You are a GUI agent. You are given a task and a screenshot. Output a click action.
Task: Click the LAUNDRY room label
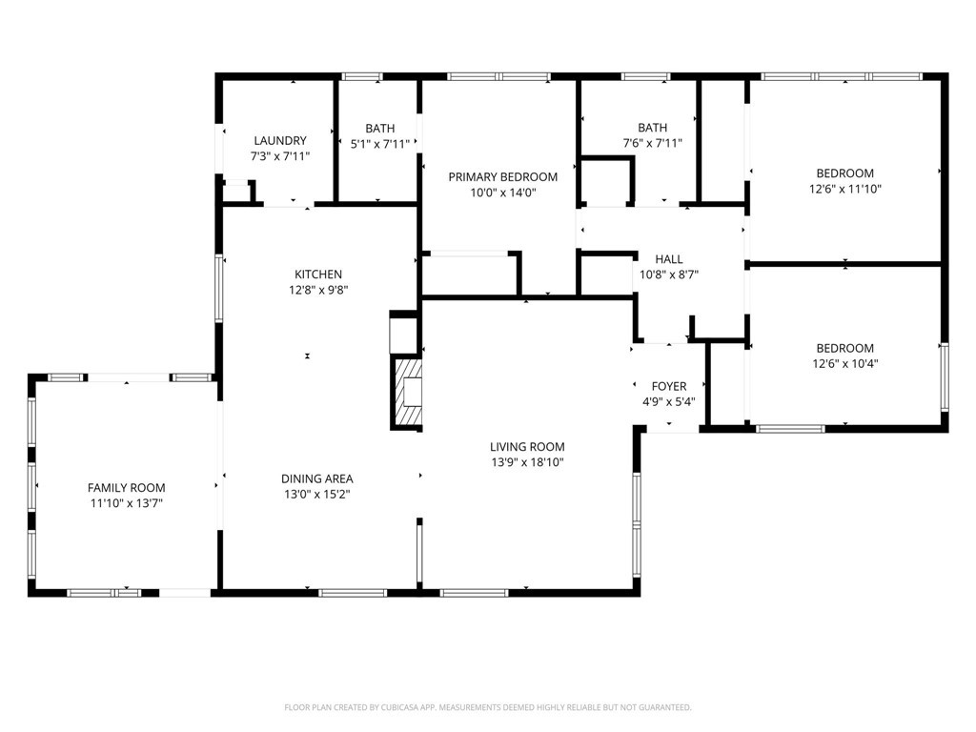[x=280, y=141]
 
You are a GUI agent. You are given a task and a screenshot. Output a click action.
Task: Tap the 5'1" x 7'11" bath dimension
[x=379, y=145]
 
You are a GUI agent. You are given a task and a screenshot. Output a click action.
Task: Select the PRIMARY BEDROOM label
[x=503, y=176]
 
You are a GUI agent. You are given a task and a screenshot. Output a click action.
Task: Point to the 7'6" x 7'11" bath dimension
[x=652, y=143]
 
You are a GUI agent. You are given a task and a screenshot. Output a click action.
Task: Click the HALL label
[x=669, y=259]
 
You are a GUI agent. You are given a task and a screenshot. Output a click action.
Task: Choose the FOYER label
[x=669, y=387]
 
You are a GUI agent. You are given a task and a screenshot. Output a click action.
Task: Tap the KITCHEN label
[x=318, y=274]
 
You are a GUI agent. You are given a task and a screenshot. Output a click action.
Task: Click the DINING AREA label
[x=317, y=478]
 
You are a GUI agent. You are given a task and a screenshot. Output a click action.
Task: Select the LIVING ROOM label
[x=527, y=446]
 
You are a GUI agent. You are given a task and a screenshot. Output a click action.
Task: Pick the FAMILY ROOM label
[x=127, y=488]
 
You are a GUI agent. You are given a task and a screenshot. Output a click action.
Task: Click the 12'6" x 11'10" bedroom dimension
[x=845, y=190]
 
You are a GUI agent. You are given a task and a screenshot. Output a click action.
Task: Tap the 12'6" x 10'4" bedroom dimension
[x=845, y=364]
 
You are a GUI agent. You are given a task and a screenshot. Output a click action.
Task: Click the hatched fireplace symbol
[x=406, y=392]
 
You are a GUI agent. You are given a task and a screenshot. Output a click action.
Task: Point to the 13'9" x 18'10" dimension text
[x=527, y=462]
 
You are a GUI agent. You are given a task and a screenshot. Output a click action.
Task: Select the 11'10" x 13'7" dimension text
[x=127, y=503]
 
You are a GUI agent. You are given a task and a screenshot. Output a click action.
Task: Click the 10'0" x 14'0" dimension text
[x=503, y=193]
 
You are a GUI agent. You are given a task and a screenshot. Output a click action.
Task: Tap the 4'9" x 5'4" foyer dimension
[x=669, y=402]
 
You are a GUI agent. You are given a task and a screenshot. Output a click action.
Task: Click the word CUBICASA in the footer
[x=410, y=708]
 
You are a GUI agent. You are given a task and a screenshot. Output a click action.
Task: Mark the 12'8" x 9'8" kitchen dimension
[x=318, y=290]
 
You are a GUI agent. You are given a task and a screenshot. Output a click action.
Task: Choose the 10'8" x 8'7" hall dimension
[x=669, y=274]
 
